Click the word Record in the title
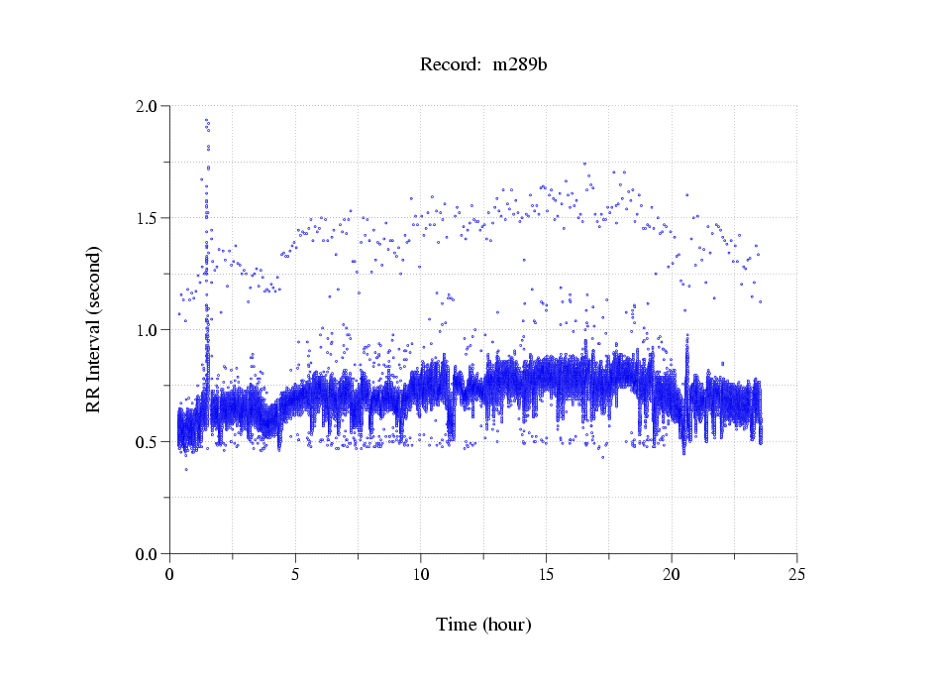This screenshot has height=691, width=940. coord(446,65)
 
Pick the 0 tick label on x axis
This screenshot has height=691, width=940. coord(170,574)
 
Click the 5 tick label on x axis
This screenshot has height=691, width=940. coord(295,574)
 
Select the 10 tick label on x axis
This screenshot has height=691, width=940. coord(421,574)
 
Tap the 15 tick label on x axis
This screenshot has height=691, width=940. coord(546,574)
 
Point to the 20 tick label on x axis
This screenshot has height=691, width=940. coord(672,574)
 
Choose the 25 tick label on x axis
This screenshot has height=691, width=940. coord(796,574)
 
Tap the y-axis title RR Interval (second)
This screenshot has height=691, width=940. coord(94,329)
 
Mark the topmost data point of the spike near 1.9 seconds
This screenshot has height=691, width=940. coord(206,120)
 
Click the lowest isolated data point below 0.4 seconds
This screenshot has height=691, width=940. coord(185,469)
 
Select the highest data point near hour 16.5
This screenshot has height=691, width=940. coord(584,164)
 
